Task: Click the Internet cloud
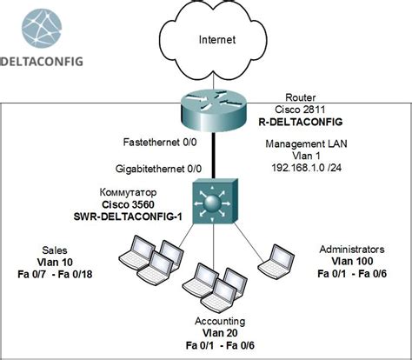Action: coord(214,41)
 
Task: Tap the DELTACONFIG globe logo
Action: coord(42,28)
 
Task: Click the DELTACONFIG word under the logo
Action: coord(42,62)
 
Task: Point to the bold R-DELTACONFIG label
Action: coord(301,122)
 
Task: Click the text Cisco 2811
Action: coord(300,110)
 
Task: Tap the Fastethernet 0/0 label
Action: coord(160,143)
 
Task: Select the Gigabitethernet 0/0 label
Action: coord(158,169)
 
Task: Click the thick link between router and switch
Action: coord(214,156)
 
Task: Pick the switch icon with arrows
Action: coord(216,201)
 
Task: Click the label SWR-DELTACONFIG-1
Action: coord(128,217)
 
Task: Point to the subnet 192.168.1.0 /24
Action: coord(306,168)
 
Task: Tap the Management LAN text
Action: coord(306,143)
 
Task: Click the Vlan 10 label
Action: coord(55,263)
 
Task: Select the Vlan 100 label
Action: coord(352,261)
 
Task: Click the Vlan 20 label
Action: coord(220,333)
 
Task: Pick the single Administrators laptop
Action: coord(276,261)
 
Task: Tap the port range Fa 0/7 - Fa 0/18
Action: coord(55,274)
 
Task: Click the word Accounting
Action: coord(220,321)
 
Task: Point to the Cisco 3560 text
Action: coord(128,204)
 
